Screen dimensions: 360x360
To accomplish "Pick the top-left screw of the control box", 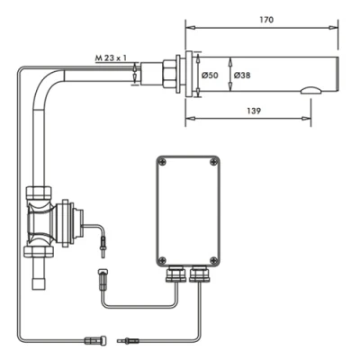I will coord(162,162).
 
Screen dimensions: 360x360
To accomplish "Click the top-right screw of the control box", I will coord(212,162).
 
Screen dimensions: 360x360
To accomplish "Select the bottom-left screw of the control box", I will coord(162,255).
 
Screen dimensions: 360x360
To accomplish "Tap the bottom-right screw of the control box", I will coord(212,255).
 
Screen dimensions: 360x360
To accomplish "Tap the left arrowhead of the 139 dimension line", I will coord(189,116).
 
